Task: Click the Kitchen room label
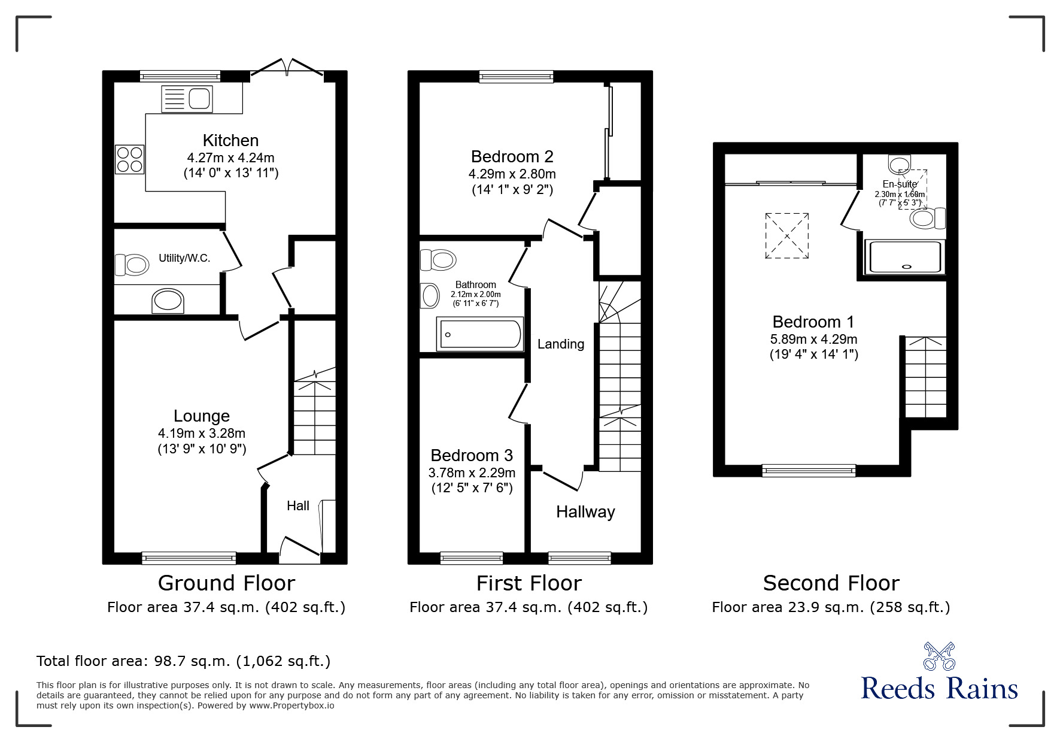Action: (230, 141)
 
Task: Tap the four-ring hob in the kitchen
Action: (130, 159)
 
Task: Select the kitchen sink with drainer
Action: (187, 99)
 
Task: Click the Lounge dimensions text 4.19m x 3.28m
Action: (202, 433)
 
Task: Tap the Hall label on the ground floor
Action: (298, 506)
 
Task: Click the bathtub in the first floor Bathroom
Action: (480, 334)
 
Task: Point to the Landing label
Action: (560, 344)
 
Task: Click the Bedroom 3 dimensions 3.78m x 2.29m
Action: (472, 473)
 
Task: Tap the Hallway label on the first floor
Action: (585, 512)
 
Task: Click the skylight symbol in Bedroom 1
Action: (786, 236)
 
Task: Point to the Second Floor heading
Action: (831, 583)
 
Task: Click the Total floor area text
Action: (183, 661)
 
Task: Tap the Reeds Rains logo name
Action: (939, 689)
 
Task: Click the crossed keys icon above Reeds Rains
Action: (939, 656)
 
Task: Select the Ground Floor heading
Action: (226, 583)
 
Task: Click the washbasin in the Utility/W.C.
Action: (168, 301)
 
